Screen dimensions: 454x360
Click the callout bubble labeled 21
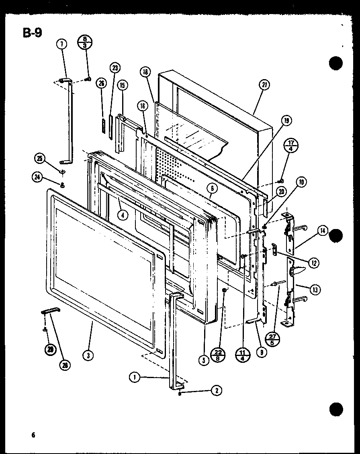click(x=264, y=85)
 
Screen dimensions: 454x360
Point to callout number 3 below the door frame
click(x=87, y=354)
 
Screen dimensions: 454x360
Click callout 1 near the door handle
click(x=135, y=377)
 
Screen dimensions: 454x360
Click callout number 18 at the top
click(x=145, y=73)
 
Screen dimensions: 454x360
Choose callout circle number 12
click(x=313, y=263)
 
